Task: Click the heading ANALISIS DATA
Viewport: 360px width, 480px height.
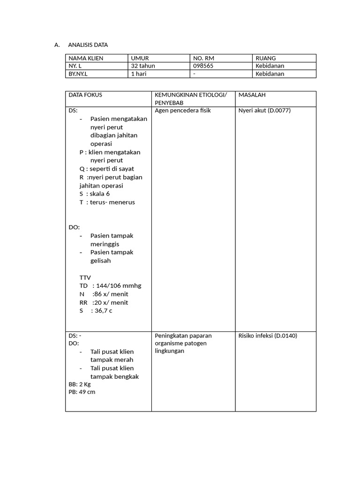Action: (88, 45)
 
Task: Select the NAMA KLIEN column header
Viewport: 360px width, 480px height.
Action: (86, 58)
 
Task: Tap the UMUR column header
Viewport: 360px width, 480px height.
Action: (140, 58)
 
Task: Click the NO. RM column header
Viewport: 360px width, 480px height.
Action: (203, 58)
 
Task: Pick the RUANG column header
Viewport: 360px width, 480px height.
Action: (265, 58)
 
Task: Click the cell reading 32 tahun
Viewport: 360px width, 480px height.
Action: (143, 66)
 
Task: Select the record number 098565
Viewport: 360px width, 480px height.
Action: (203, 66)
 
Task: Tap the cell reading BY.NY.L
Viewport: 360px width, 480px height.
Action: (78, 74)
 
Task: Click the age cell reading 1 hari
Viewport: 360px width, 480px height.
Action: (139, 74)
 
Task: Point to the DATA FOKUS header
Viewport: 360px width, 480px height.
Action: (85, 95)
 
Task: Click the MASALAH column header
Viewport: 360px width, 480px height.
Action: (252, 95)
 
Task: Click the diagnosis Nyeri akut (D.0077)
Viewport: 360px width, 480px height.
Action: (264, 111)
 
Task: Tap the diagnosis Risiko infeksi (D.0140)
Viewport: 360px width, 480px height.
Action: (268, 336)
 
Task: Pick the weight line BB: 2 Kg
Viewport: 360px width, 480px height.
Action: (80, 384)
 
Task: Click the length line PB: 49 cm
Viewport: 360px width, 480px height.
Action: (82, 392)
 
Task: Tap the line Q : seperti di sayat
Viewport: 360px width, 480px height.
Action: (107, 169)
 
